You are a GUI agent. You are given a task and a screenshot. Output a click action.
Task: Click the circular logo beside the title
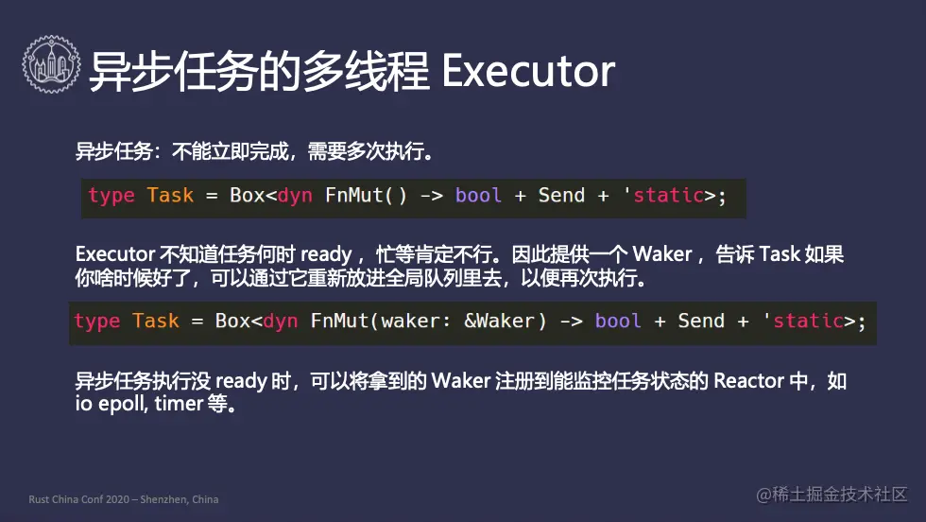(x=51, y=64)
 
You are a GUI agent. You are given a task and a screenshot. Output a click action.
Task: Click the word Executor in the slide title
(x=528, y=71)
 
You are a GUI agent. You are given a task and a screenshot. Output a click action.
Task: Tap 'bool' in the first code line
(x=478, y=195)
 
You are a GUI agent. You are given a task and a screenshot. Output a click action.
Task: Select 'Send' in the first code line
(x=561, y=195)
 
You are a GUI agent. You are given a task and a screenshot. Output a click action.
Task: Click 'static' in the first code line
(x=669, y=195)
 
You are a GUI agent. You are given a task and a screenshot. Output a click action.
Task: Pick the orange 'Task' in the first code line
(x=170, y=195)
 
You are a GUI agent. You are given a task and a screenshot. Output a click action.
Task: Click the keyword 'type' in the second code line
(x=96, y=321)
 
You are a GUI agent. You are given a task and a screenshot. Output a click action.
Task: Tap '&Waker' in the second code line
(x=499, y=321)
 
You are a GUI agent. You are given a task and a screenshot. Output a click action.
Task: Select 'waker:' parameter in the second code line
(x=416, y=321)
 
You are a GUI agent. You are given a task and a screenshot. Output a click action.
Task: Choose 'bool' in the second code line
(x=618, y=321)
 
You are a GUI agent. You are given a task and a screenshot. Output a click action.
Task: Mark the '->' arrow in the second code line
(x=571, y=322)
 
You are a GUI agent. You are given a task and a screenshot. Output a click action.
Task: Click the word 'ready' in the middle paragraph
(x=326, y=254)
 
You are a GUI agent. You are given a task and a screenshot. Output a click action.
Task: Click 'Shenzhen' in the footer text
(x=163, y=499)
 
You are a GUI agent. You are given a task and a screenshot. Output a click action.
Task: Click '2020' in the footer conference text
(x=117, y=499)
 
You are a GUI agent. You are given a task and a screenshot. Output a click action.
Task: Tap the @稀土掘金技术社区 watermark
(x=832, y=495)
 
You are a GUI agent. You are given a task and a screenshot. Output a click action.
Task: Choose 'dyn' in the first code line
(x=295, y=196)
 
